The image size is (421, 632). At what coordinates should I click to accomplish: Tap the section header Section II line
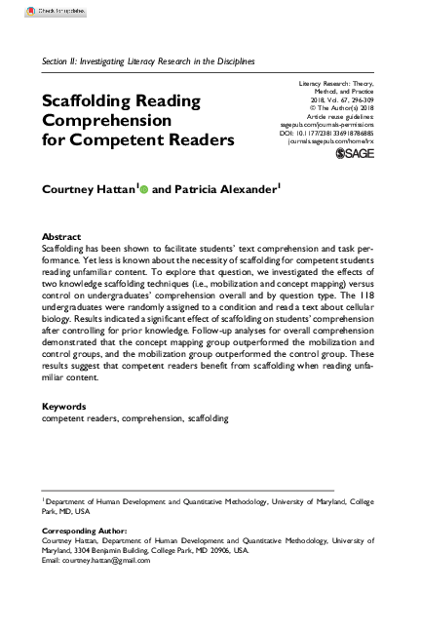(x=148, y=60)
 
